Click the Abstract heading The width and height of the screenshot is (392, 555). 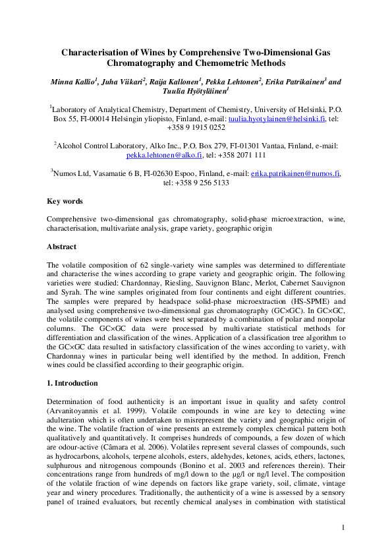pyautogui.click(x=62, y=247)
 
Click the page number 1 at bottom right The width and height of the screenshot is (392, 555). pyautogui.click(x=343, y=527)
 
